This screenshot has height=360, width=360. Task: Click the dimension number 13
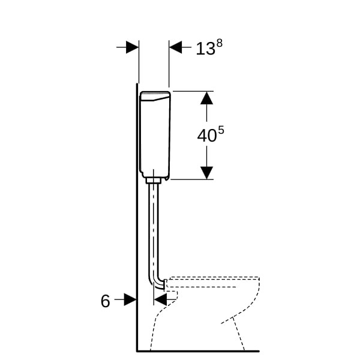click(205, 49)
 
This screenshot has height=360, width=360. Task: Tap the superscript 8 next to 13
click(220, 43)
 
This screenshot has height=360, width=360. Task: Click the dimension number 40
click(207, 136)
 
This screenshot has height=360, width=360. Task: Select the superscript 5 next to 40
click(221, 131)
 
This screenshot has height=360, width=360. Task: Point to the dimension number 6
click(106, 301)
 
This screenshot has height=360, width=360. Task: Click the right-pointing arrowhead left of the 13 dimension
click(132, 47)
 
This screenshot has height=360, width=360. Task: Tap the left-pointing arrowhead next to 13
click(175, 47)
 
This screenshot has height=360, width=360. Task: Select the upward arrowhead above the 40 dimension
click(206, 98)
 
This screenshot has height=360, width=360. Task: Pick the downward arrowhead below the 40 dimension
click(206, 173)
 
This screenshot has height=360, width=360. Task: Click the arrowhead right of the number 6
click(130, 299)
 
